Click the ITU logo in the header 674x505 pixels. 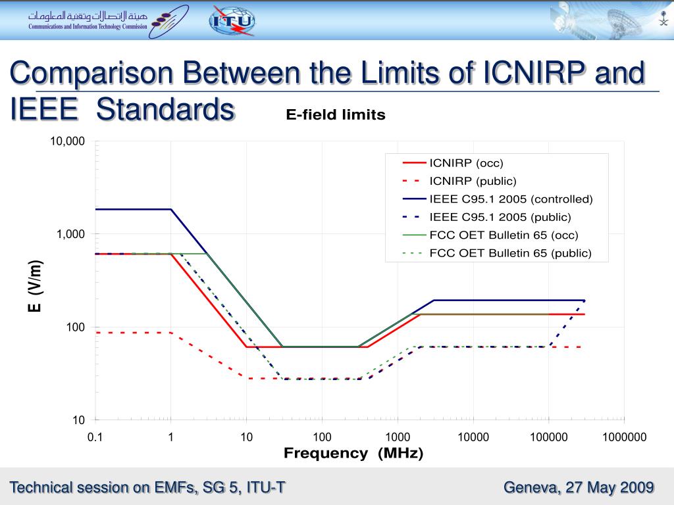(x=232, y=20)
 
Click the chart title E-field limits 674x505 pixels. (x=335, y=115)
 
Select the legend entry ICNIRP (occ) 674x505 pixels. (x=466, y=163)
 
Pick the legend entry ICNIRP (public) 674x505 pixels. (x=473, y=181)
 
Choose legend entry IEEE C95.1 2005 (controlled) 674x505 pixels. (x=511, y=199)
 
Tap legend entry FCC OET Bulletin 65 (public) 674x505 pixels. (x=510, y=252)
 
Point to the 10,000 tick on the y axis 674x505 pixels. (x=68, y=141)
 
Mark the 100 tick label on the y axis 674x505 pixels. (x=75, y=327)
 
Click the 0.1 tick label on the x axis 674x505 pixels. (x=95, y=437)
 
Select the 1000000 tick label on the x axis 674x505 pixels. (x=624, y=437)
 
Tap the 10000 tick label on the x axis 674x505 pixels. (x=473, y=437)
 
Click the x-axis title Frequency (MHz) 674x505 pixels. (x=353, y=453)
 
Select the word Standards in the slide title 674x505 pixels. (x=165, y=109)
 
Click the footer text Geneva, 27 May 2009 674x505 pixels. (x=579, y=487)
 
